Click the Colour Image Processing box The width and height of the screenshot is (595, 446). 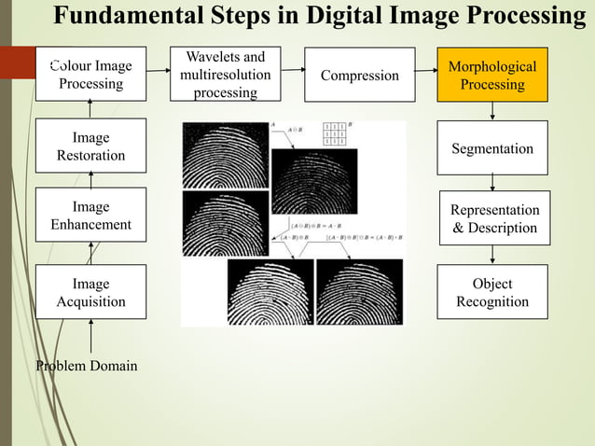point(90,75)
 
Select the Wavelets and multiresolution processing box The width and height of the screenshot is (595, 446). point(225,75)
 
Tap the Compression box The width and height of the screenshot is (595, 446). point(359,75)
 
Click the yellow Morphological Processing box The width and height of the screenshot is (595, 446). point(492,75)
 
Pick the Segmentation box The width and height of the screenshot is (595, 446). point(492,148)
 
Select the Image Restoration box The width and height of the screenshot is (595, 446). point(90,146)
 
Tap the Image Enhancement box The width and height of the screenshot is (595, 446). point(90,216)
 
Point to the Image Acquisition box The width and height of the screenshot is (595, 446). point(90,292)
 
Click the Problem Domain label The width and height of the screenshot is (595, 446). point(86,365)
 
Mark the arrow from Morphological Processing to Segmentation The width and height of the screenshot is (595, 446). point(492,112)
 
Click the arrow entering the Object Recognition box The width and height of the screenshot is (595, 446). point(492,255)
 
